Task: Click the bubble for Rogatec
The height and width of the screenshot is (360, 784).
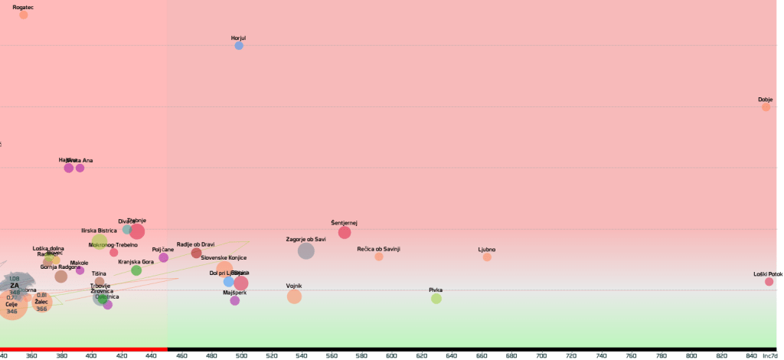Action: pyautogui.click(x=24, y=15)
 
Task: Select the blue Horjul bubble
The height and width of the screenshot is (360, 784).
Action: pyautogui.click(x=239, y=46)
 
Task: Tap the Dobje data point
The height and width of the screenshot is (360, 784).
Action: pyautogui.click(x=766, y=107)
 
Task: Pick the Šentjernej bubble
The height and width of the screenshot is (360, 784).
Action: pyautogui.click(x=345, y=232)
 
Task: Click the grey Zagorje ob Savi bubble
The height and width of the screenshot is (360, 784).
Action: pyautogui.click(x=305, y=250)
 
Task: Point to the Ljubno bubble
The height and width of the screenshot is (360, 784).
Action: pyautogui.click(x=487, y=257)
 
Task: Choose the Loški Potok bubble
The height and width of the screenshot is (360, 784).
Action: pyautogui.click(x=769, y=282)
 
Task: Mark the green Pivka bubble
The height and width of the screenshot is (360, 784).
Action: pyautogui.click(x=436, y=299)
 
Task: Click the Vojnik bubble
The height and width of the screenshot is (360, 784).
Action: pyautogui.click(x=294, y=296)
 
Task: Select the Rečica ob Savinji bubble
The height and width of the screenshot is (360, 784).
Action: pyautogui.click(x=379, y=257)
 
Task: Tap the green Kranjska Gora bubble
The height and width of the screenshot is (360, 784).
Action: pyautogui.click(x=136, y=270)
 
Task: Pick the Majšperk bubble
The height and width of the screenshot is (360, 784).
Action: pyautogui.click(x=235, y=301)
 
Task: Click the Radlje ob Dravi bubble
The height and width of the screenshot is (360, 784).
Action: pyautogui.click(x=196, y=253)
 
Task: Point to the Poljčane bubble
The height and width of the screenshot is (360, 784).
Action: pyautogui.click(x=163, y=257)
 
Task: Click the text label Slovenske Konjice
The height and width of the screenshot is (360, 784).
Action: pyautogui.click(x=224, y=258)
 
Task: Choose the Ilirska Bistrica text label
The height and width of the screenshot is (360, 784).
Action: pyautogui.click(x=99, y=231)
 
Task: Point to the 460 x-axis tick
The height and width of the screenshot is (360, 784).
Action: pyautogui.click(x=181, y=356)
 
